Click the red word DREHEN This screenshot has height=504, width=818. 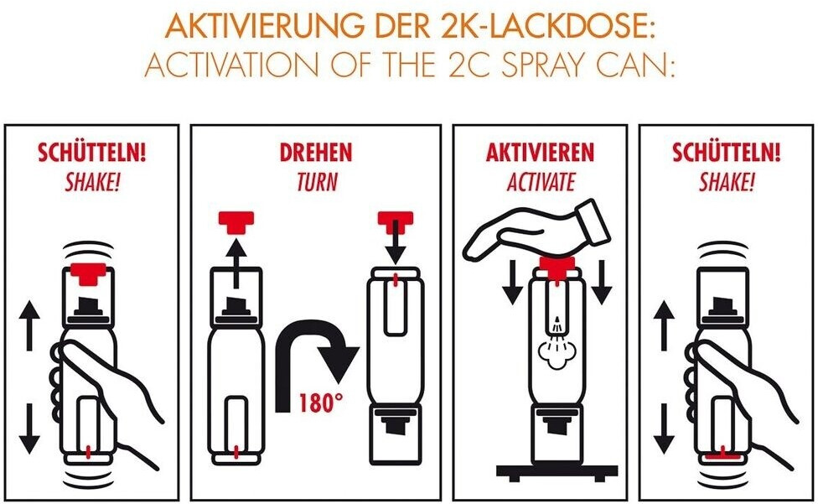pyautogui.click(x=316, y=153)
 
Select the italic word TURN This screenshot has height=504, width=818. pyautogui.click(x=317, y=182)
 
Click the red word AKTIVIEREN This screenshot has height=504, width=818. pyautogui.click(x=540, y=153)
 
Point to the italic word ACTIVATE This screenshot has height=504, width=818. pyautogui.click(x=541, y=182)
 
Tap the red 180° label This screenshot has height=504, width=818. pyautogui.click(x=321, y=403)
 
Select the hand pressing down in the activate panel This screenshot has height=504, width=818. pyautogui.click(x=536, y=230)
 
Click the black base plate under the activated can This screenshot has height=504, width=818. pyautogui.click(x=557, y=472)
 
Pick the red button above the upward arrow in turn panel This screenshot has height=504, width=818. pyautogui.click(x=236, y=221)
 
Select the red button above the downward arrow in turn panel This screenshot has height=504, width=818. pyautogui.click(x=396, y=221)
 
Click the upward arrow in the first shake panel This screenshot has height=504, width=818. pyautogui.click(x=29, y=325)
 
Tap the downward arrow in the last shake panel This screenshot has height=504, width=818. pyautogui.click(x=664, y=428)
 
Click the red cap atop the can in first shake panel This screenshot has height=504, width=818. pyautogui.click(x=88, y=273)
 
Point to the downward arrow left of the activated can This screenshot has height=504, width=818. pyautogui.click(x=512, y=282)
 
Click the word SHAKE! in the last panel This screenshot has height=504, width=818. pyautogui.click(x=726, y=182)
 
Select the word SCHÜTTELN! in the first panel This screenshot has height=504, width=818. pyautogui.click(x=92, y=153)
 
